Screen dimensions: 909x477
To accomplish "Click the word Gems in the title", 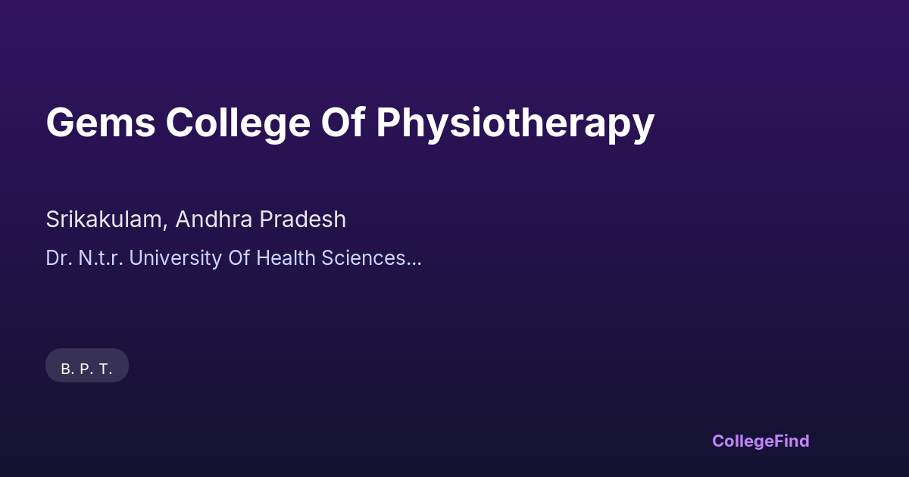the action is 101,123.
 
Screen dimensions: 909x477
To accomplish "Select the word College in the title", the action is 238,124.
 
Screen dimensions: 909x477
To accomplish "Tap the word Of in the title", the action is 343,122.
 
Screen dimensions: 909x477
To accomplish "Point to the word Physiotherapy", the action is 515,124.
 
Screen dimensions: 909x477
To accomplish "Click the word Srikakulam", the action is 104,220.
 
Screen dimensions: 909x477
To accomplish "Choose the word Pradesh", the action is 303,220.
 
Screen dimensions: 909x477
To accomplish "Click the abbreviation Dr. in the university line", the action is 59,258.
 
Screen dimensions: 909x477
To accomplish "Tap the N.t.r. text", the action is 101,258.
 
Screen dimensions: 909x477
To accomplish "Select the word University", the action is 176,259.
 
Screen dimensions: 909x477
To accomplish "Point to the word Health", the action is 286,258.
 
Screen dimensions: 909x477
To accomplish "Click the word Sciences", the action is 363,258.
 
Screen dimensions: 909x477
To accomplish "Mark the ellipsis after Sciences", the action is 414,264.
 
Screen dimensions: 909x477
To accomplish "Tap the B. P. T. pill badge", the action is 87,366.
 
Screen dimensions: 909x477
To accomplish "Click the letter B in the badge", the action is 66,369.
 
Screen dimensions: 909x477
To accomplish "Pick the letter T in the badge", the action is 104,369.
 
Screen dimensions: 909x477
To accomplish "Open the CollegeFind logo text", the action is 761,441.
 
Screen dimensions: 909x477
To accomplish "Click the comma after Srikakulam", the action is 165,227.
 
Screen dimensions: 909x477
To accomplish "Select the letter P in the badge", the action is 85,369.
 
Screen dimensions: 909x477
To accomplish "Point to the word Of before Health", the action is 239,258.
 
